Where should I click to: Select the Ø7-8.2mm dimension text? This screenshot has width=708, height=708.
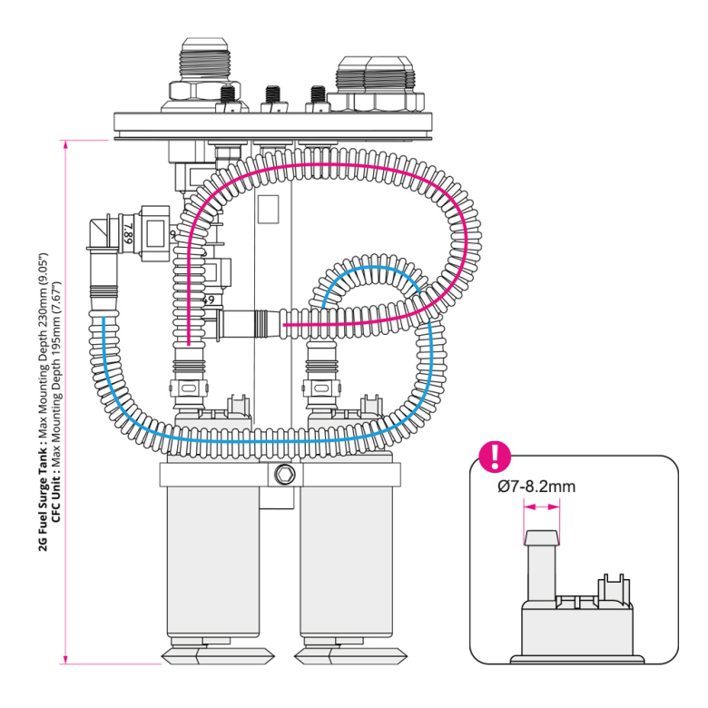536,487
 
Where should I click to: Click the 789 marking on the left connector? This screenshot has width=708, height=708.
128,238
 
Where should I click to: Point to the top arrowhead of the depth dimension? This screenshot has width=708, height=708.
66,144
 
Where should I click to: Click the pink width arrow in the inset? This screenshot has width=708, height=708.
542,508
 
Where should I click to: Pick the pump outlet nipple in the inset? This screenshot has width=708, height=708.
542,563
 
